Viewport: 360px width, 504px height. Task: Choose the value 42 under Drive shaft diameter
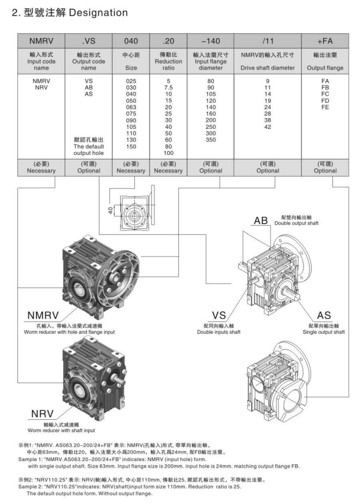click(268, 126)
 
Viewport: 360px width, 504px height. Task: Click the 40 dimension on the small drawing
click(110, 211)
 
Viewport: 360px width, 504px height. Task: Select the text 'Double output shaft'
click(297, 223)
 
